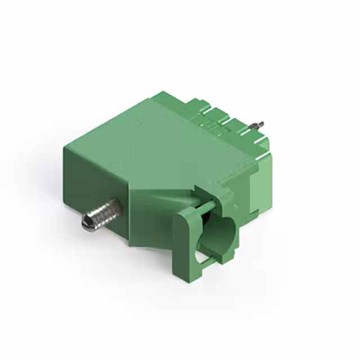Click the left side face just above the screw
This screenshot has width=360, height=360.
coord(96,180)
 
